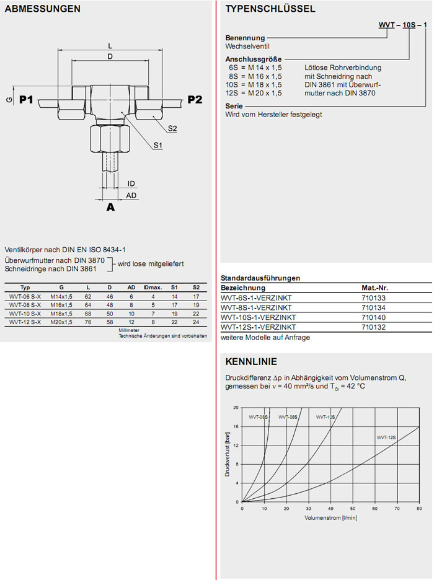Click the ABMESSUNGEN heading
pyautogui.click(x=42, y=9)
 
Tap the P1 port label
pyautogui.click(x=27, y=100)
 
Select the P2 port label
pyautogui.click(x=195, y=100)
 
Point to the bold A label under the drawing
pyautogui.click(x=110, y=208)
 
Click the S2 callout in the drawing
pyautogui.click(x=172, y=128)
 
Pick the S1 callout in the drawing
pyautogui.click(x=158, y=145)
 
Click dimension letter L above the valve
pyautogui.click(x=110, y=46)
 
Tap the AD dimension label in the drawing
pyautogui.click(x=131, y=195)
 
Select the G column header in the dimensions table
pyautogui.click(x=61, y=288)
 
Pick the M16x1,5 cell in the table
pyautogui.click(x=61, y=305)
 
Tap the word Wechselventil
pyautogui.click(x=248, y=46)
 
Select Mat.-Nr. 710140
pyautogui.click(x=373, y=317)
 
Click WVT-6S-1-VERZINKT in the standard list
pyautogui.click(x=255, y=298)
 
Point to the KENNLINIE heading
pyautogui.click(x=251, y=362)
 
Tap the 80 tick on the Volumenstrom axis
pyautogui.click(x=419, y=509)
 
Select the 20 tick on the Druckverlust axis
pyautogui.click(x=236, y=407)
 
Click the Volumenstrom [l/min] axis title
pyautogui.click(x=331, y=517)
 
